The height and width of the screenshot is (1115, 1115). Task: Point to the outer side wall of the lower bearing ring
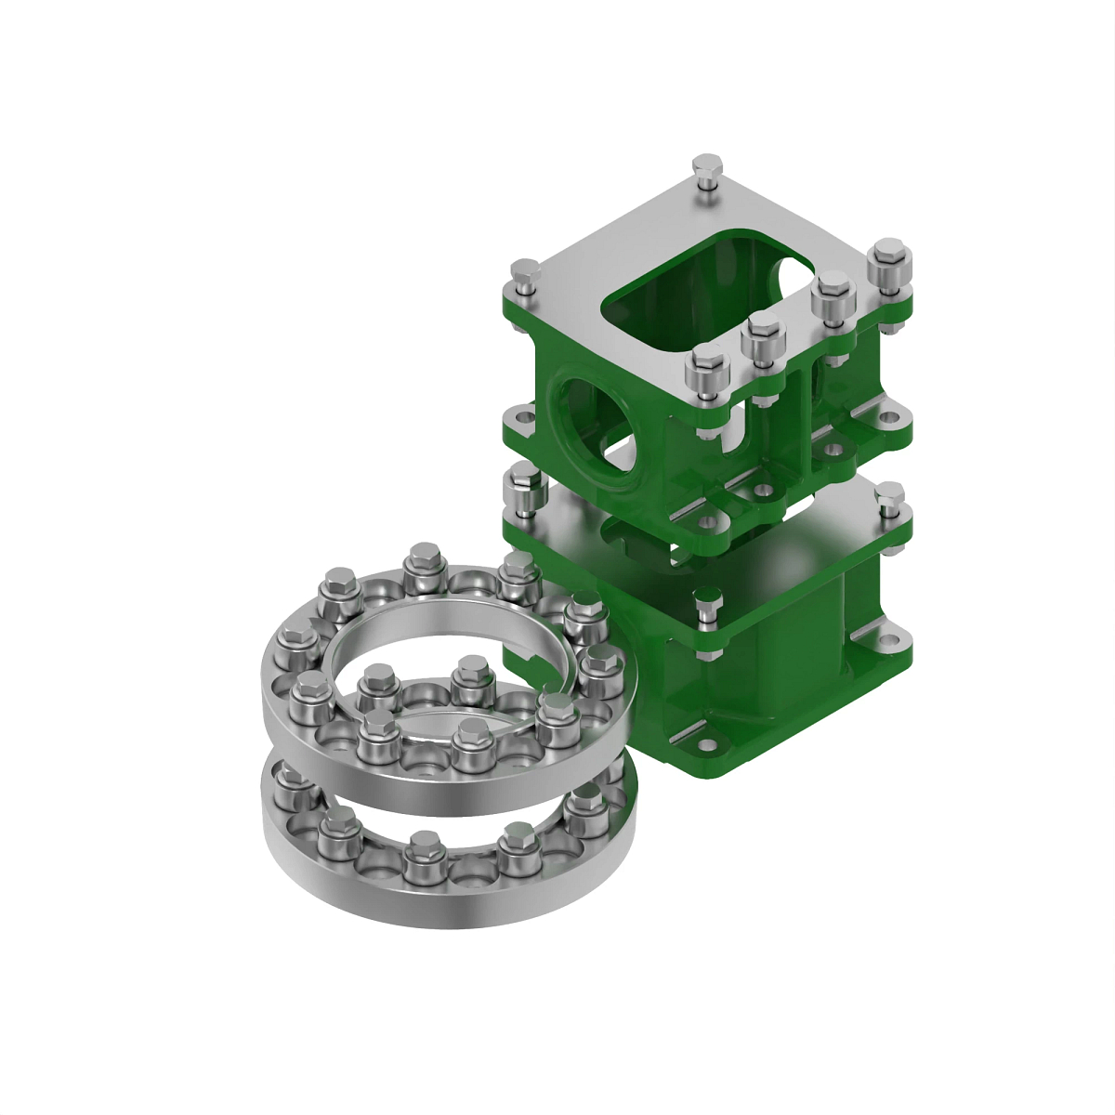coord(446,906)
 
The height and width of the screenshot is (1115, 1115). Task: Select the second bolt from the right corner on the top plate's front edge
coord(832,297)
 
